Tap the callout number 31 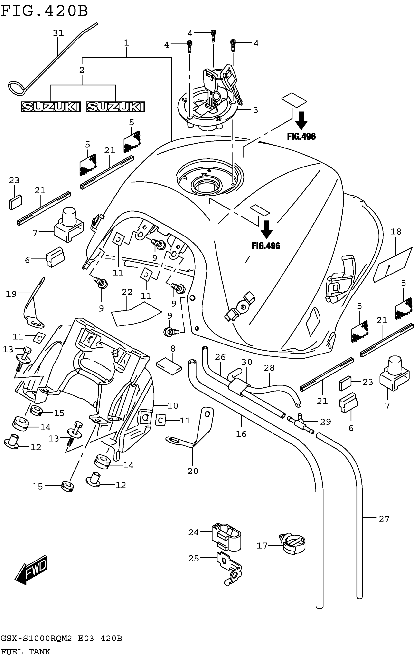[58, 33]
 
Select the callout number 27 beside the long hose [384, 519]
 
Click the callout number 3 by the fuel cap [255, 110]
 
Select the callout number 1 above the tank [126, 43]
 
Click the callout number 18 [396, 232]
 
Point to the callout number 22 [127, 292]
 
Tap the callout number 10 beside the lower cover [173, 406]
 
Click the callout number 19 [11, 294]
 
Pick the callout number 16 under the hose [241, 434]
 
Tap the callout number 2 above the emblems [82, 70]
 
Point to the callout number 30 [247, 362]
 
